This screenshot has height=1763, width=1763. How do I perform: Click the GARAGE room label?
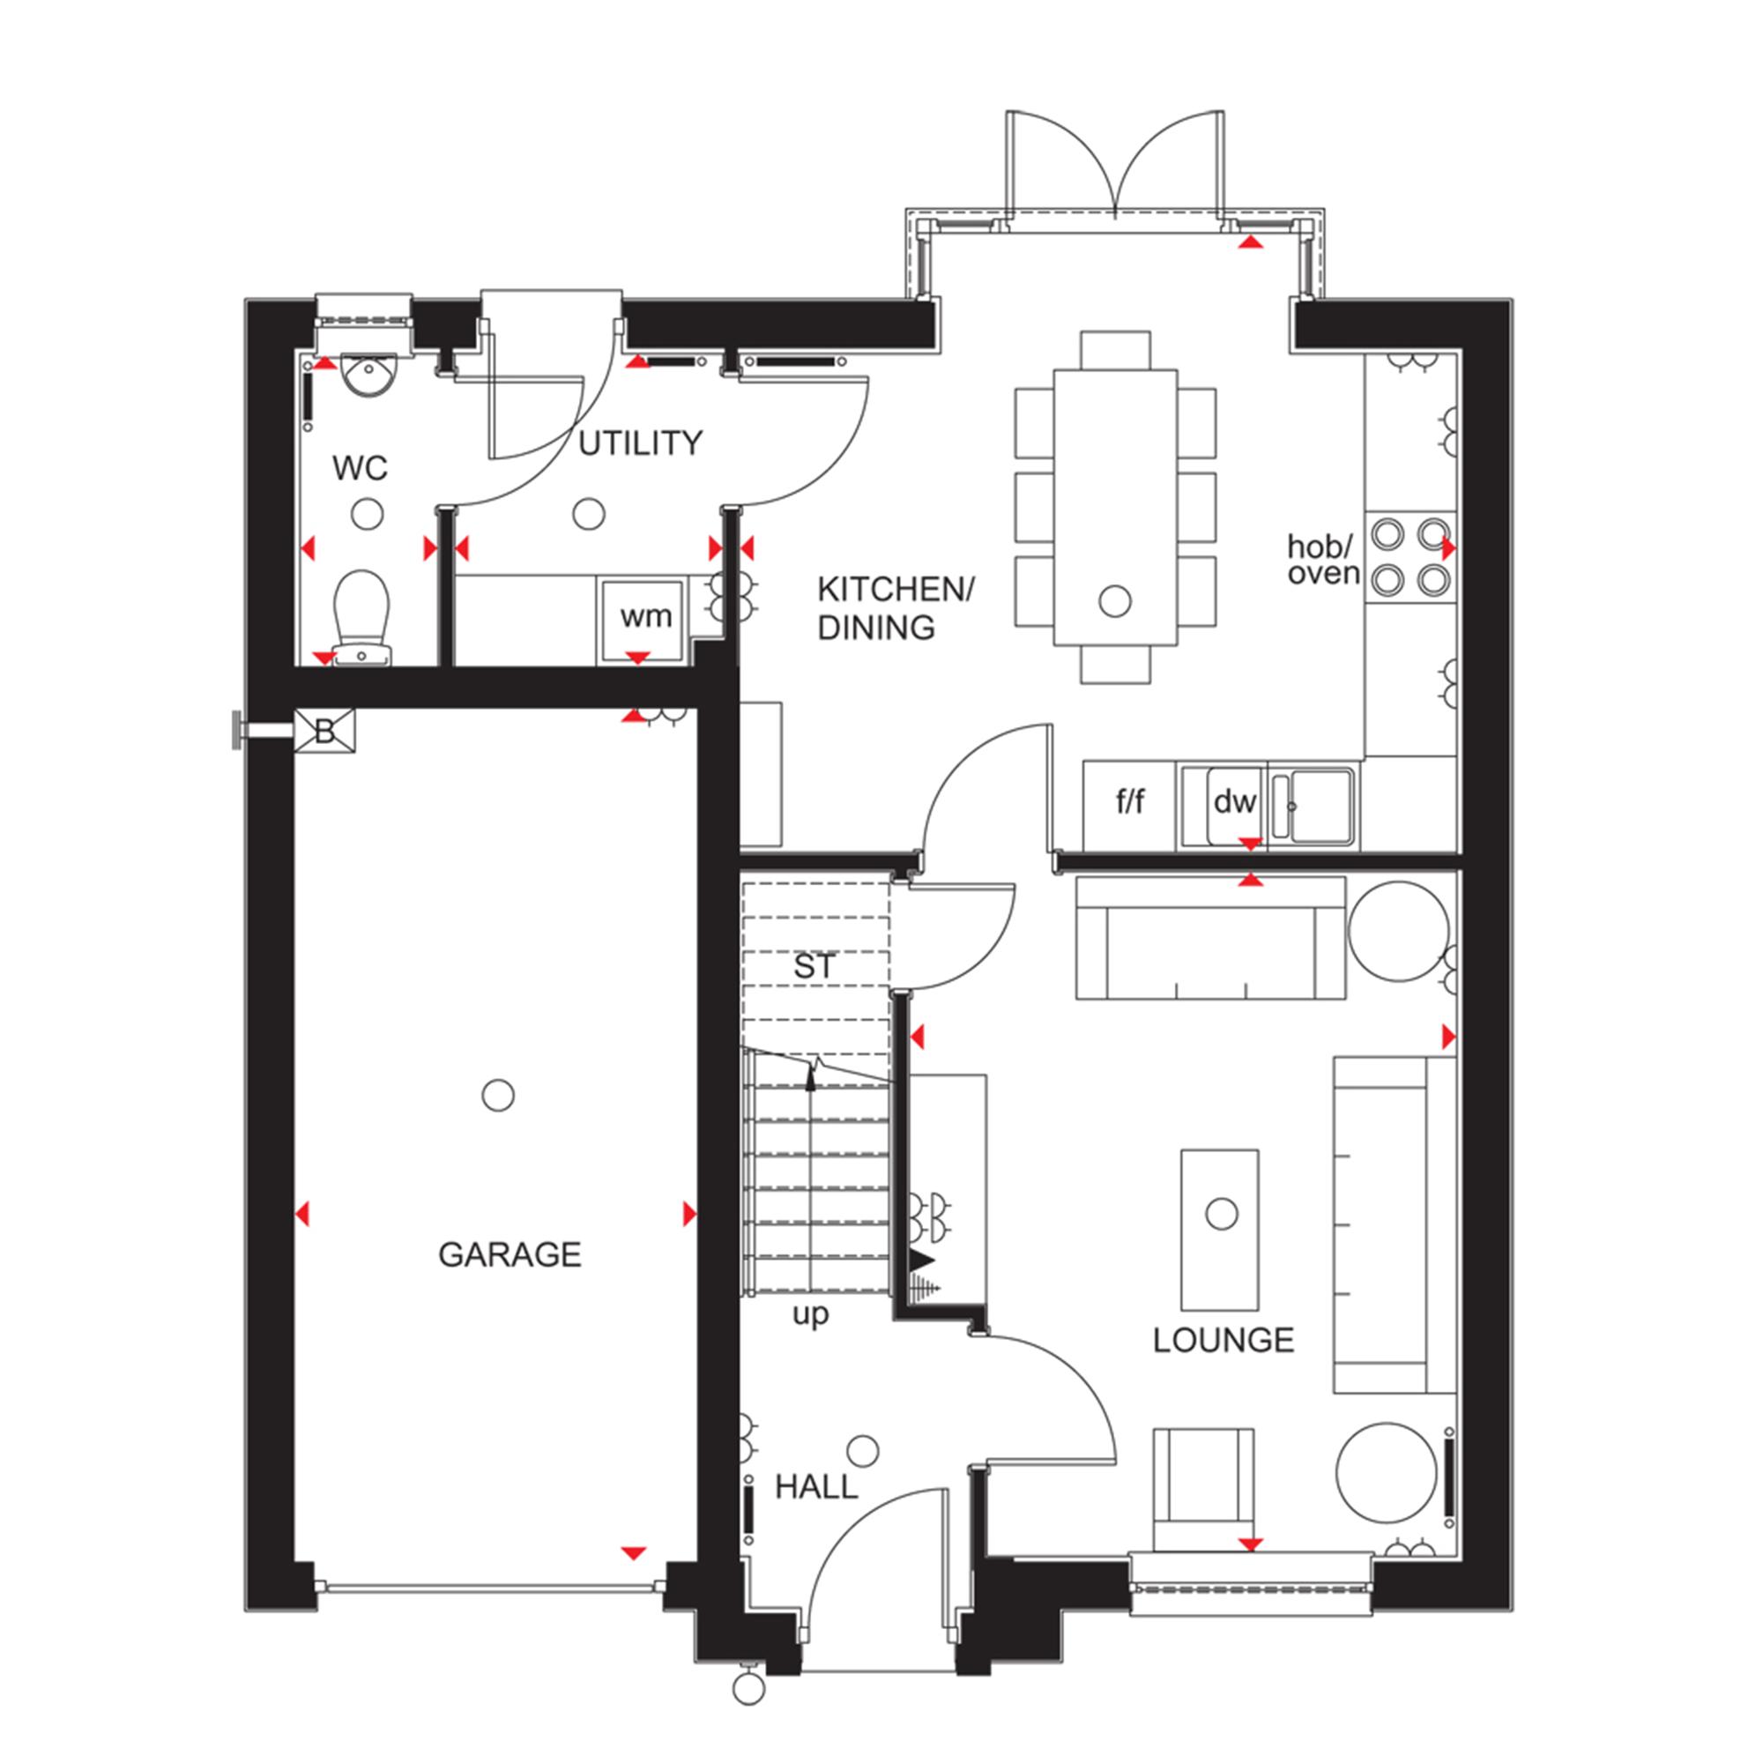(510, 1255)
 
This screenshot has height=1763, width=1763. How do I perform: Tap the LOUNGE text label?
(1224, 1341)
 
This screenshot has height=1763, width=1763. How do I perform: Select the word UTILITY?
(641, 443)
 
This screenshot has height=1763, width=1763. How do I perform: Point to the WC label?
(360, 468)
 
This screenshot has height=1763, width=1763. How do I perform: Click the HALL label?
(817, 1488)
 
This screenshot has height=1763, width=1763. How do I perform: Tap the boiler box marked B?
(325, 732)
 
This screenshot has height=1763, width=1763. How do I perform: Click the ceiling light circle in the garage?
(497, 1094)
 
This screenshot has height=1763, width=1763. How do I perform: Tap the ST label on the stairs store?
(814, 966)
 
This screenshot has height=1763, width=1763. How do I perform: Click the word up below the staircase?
(810, 1316)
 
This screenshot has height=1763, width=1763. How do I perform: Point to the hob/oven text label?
(1323, 560)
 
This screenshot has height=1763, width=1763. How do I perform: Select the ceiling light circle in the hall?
(862, 1450)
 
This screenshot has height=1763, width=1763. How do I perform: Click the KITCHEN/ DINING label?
(896, 607)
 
